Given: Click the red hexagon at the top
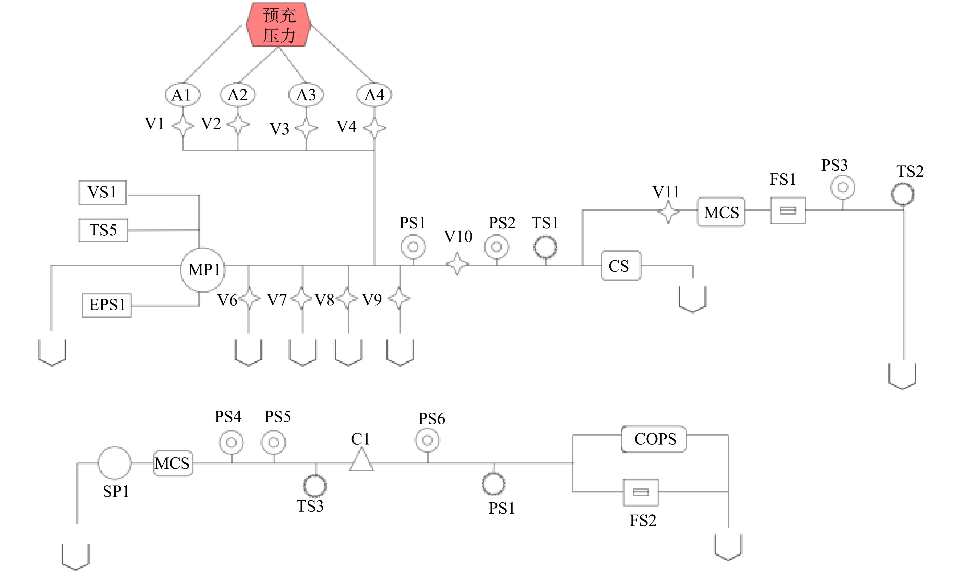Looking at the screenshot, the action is [279, 25].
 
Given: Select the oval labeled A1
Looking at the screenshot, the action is [183, 95].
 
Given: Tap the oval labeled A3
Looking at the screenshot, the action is [306, 95].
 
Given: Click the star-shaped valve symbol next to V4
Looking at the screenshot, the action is [374, 128].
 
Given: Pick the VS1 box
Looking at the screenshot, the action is [102, 192].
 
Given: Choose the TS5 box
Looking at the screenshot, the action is [103, 230].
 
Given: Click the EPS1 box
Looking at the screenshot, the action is [107, 305].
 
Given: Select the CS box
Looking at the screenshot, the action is [621, 265].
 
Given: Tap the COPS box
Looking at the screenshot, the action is [654, 439].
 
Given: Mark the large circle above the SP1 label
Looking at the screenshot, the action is [114, 463].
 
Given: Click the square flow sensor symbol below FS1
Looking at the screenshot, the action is [788, 210].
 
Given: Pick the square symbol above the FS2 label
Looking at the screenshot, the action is [641, 492].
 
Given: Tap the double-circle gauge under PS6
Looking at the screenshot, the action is [427, 440].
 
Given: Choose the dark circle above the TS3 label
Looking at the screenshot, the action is [315, 486].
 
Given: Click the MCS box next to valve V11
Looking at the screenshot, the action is [721, 212].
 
